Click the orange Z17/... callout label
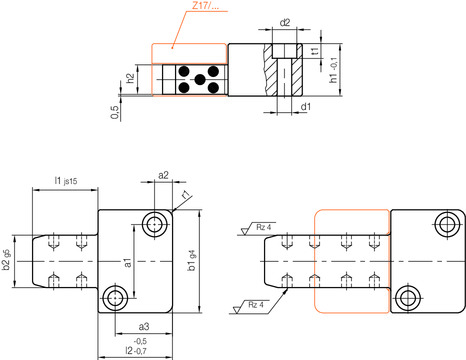point(206,5)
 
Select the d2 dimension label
point(285,23)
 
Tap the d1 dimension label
point(306,107)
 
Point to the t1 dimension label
point(315,51)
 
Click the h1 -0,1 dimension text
point(333,70)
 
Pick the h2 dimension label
point(130,78)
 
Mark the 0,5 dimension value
point(115,112)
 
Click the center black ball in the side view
point(200,80)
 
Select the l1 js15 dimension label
point(66,181)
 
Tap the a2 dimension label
point(163,175)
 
